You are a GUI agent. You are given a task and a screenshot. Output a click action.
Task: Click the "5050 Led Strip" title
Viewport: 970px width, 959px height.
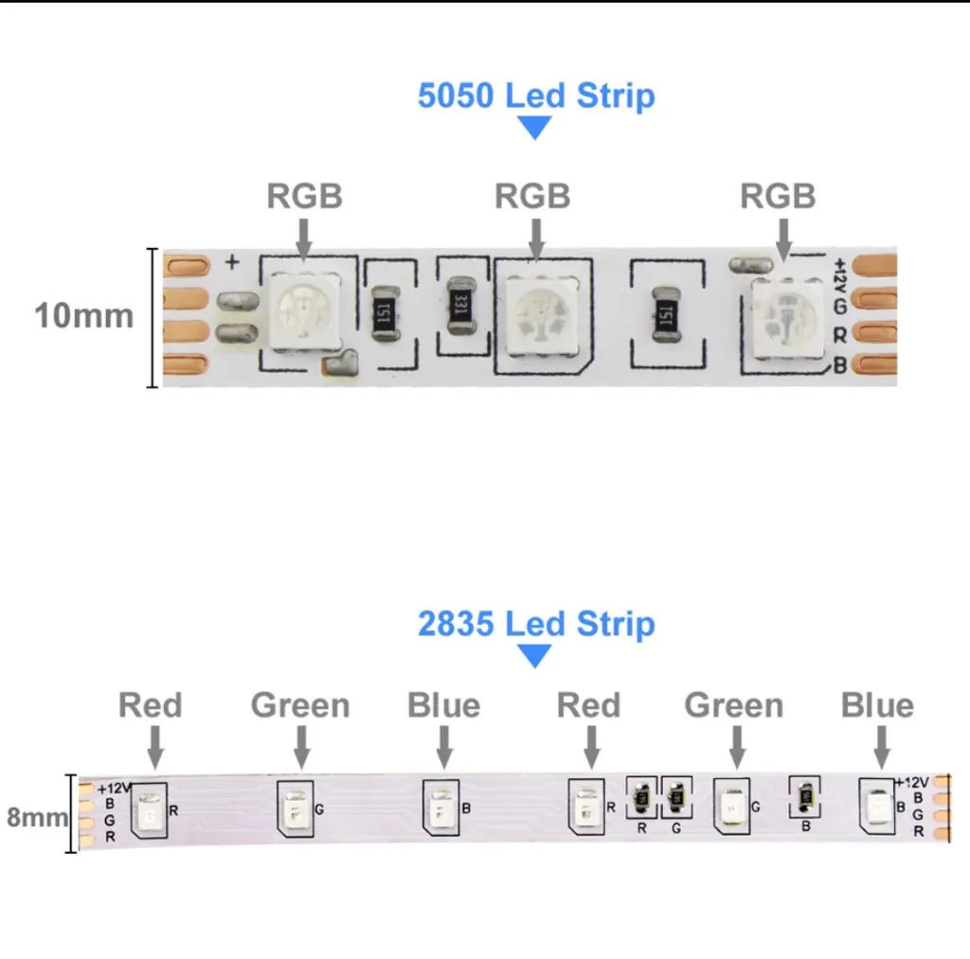[x=535, y=96]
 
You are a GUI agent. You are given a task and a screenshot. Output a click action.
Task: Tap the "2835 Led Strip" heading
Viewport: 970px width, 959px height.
[x=535, y=624]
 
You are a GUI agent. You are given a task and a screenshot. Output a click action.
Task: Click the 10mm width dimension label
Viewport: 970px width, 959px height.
[x=83, y=315]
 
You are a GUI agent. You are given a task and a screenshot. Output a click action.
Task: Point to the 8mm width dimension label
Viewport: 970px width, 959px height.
[x=37, y=816]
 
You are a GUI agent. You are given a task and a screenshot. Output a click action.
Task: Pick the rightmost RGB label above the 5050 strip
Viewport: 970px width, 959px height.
[x=777, y=196]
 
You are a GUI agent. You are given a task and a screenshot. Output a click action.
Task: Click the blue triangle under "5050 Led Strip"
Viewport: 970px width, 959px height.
[x=535, y=128]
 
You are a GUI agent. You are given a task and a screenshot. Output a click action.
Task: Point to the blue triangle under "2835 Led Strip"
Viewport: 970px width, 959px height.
[x=535, y=656]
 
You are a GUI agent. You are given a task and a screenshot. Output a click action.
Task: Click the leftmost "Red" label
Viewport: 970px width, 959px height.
[x=151, y=705]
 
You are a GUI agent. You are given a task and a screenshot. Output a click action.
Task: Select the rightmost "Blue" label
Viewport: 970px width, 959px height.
[x=877, y=705]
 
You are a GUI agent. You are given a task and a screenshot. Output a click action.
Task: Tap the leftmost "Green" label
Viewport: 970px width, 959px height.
[x=300, y=705]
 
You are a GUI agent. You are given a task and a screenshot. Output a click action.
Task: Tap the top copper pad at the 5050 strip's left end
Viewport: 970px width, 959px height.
[x=187, y=268]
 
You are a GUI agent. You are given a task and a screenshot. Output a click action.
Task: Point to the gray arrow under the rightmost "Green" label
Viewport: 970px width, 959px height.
[x=735, y=748]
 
